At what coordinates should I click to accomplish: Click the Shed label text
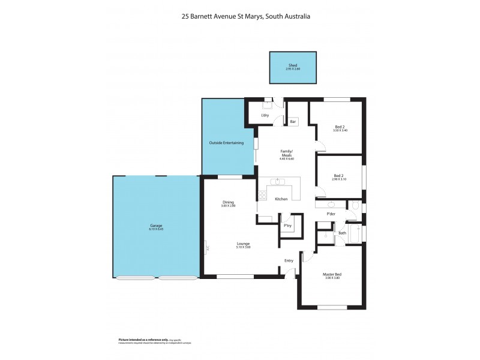[293, 65]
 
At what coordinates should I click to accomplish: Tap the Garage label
[156, 226]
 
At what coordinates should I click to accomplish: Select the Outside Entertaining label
[226, 143]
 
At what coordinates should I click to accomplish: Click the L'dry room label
[265, 115]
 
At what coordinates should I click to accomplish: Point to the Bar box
[293, 122]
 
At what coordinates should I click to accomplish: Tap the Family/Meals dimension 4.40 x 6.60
[286, 159]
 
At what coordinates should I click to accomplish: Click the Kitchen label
[281, 199]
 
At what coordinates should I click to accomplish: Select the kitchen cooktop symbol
[262, 195]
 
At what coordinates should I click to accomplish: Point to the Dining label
[228, 202]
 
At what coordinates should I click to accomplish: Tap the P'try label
[287, 226]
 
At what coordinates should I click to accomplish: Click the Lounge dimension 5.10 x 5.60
[243, 247]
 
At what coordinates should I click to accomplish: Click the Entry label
[289, 260]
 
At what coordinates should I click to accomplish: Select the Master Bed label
[332, 274]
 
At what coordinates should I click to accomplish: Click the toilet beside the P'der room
[355, 206]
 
